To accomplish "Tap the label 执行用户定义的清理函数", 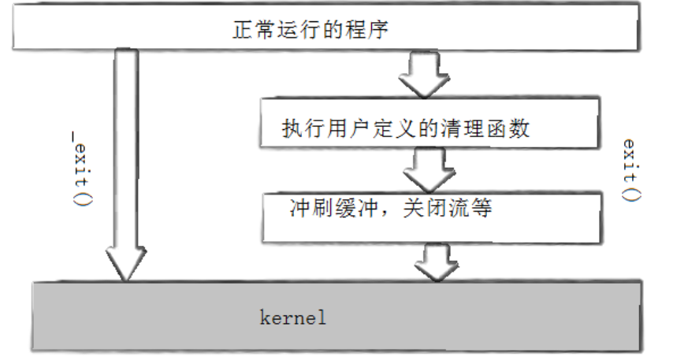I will [406, 128].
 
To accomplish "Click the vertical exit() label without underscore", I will [630, 170].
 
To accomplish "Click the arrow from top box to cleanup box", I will [426, 76].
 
